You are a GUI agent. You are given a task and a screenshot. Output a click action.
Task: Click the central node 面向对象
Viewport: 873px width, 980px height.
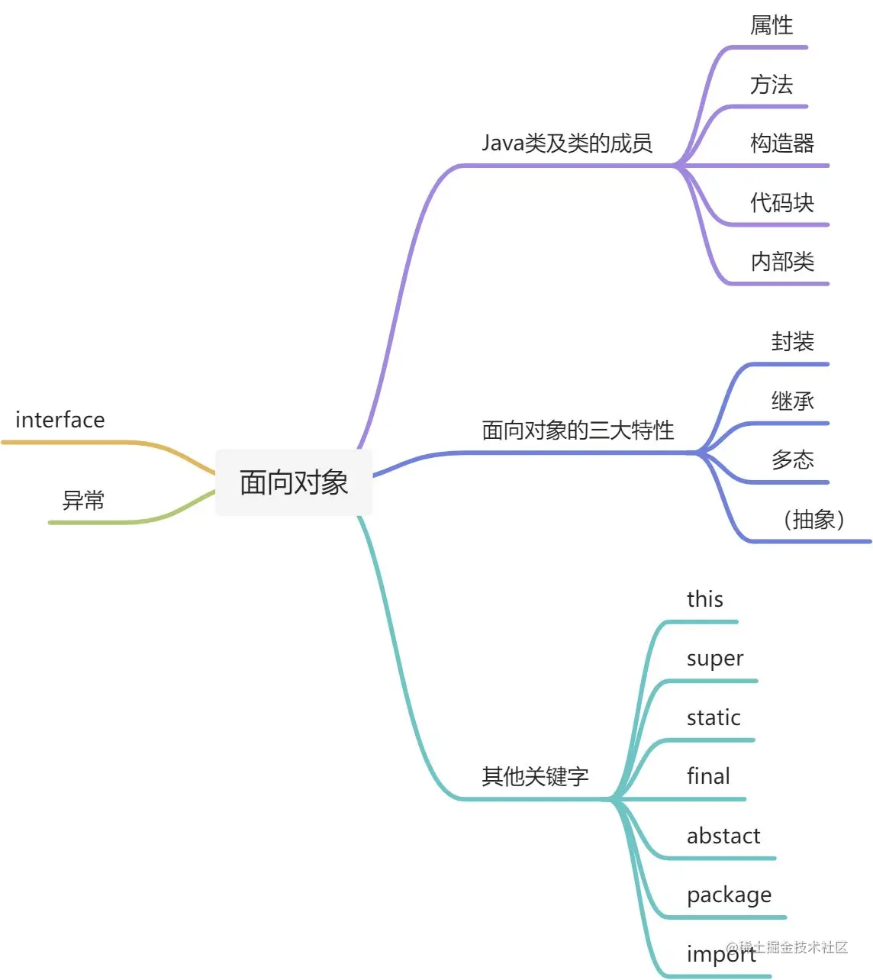point(294,482)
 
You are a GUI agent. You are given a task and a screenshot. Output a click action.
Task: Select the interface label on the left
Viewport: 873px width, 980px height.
point(60,420)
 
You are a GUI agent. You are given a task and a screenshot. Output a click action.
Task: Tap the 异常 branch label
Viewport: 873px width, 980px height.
point(83,501)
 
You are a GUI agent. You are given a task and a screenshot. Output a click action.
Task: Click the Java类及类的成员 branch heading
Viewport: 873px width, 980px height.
point(567,143)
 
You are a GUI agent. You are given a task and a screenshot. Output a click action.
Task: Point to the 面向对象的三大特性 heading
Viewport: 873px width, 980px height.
point(578,430)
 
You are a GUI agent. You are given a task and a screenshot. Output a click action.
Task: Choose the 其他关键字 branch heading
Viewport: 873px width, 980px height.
point(535,776)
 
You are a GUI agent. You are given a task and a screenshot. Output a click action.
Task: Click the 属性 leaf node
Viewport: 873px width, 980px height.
point(772,25)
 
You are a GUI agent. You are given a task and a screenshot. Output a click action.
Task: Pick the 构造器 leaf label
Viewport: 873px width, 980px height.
point(782,143)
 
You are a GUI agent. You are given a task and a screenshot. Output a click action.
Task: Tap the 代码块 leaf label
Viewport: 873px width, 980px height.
point(782,202)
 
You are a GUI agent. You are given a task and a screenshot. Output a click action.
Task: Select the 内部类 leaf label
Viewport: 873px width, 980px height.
point(782,262)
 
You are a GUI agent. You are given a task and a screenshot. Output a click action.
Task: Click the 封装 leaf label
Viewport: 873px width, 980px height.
point(793,341)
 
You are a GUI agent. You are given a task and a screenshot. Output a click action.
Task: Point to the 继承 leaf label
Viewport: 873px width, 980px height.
point(793,401)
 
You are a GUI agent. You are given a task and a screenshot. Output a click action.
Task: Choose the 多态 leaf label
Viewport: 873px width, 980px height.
point(793,459)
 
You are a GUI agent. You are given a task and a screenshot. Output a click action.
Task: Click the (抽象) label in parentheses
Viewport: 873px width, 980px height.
point(813,519)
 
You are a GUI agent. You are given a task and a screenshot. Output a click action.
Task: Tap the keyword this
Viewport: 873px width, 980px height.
point(704,599)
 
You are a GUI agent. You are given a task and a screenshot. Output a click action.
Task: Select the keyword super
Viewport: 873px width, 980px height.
point(714,659)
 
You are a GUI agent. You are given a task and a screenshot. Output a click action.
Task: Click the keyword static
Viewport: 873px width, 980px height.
point(714,717)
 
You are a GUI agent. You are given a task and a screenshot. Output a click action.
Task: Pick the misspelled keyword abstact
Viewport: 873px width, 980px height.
point(723,836)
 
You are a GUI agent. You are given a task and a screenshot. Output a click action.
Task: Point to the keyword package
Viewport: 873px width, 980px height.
point(729,895)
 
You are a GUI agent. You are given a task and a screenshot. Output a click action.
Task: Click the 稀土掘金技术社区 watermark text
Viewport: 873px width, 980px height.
point(794,947)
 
